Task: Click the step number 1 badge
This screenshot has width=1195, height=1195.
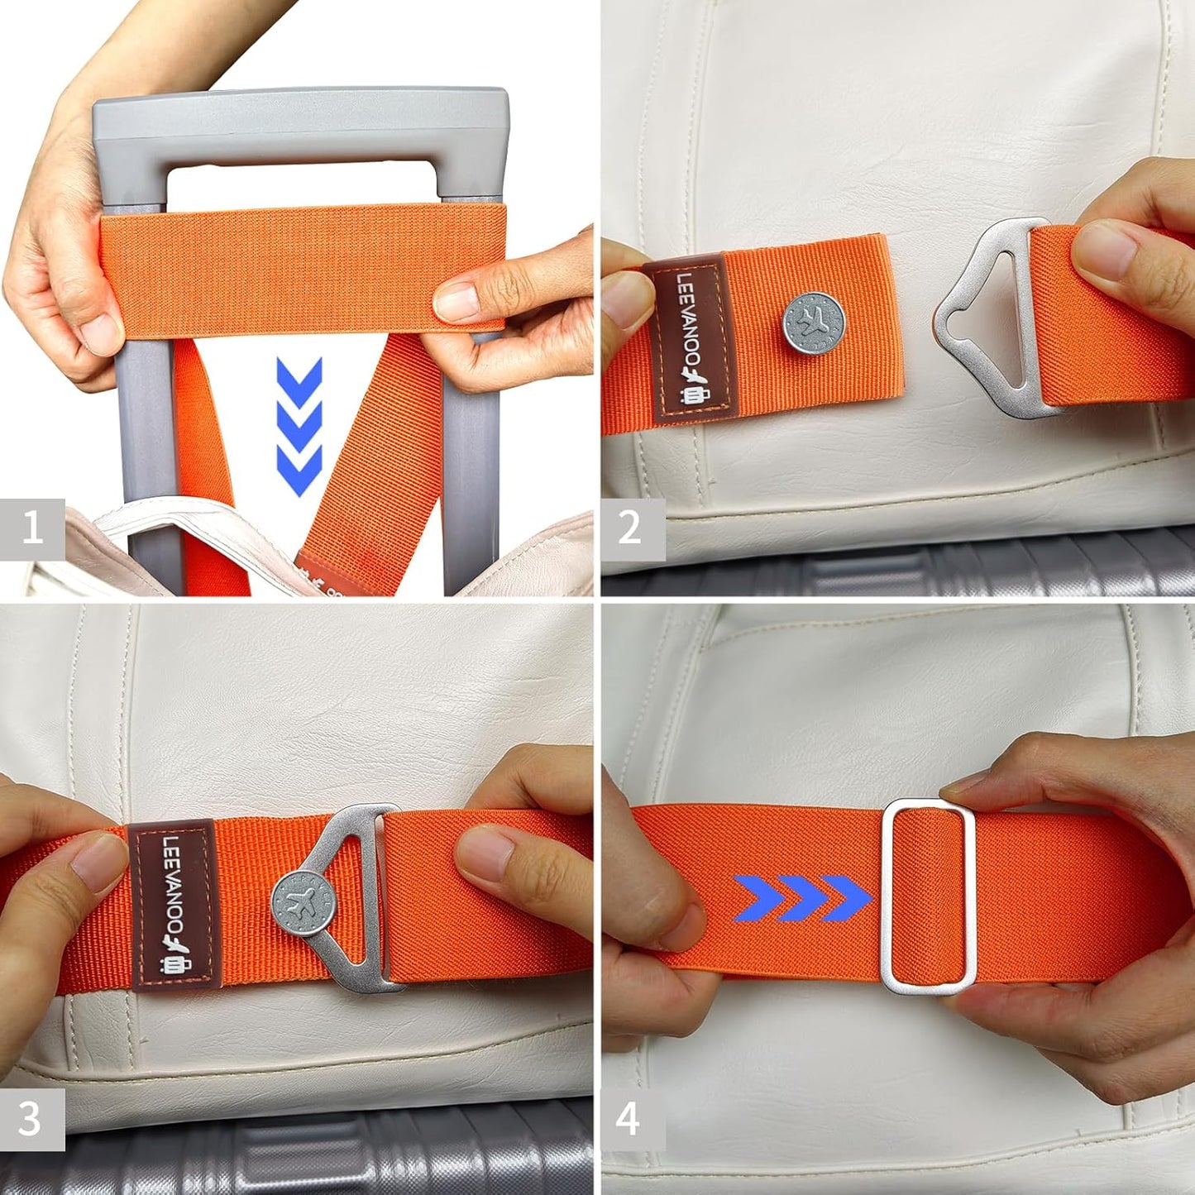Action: (x=32, y=528)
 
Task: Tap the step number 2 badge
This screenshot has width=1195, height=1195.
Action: (x=630, y=528)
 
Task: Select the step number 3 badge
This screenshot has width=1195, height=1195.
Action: (x=31, y=1119)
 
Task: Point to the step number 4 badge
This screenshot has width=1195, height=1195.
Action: (x=629, y=1119)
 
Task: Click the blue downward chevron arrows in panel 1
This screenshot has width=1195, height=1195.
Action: (x=299, y=426)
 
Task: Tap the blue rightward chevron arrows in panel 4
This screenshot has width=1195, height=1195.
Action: (x=802, y=898)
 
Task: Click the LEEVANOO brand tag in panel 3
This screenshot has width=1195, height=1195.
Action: (x=172, y=904)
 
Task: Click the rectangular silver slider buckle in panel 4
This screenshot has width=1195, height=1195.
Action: (x=928, y=896)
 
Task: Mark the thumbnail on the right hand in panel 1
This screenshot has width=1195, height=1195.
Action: (x=456, y=301)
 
